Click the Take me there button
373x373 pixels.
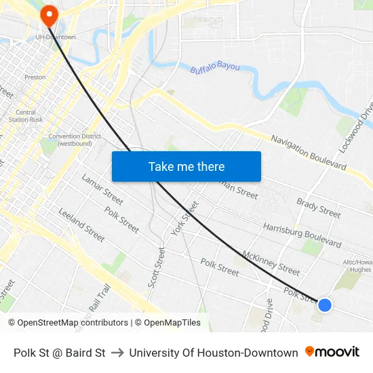[x=186, y=167]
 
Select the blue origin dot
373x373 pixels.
[x=325, y=305]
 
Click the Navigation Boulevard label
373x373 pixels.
[x=309, y=152]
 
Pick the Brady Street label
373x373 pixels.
[x=318, y=208]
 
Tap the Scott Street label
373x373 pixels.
[x=155, y=267]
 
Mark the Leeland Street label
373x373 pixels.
[x=81, y=225]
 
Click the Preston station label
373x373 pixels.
[x=35, y=77]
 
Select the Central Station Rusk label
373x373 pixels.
[x=26, y=116]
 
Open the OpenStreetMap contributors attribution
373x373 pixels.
[x=68, y=323]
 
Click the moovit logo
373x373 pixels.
[x=332, y=352]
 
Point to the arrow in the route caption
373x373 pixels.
[x=117, y=353]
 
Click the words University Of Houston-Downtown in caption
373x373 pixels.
[x=214, y=353]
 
